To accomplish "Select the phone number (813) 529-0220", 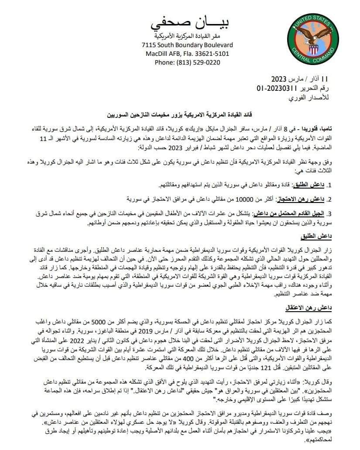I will tap(199, 62).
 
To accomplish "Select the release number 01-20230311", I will tap(278, 89).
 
